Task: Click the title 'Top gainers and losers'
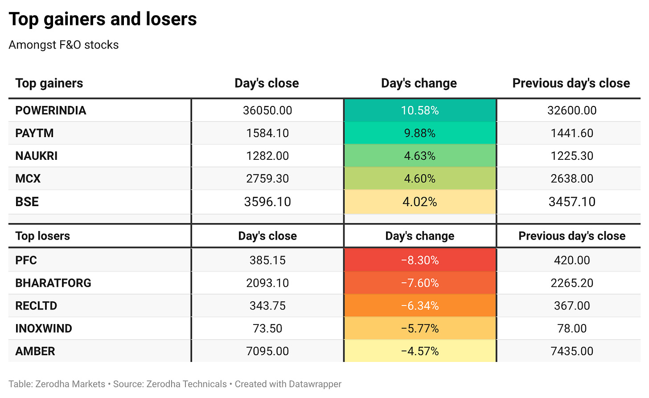click(103, 20)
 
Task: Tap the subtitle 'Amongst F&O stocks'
click(63, 45)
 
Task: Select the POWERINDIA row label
click(51, 110)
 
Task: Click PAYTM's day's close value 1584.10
click(267, 133)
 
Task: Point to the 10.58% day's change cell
click(420, 110)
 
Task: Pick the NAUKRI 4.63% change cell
click(420, 156)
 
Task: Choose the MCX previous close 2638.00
click(572, 179)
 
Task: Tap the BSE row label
click(27, 202)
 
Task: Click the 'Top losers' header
click(43, 236)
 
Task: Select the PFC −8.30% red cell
click(420, 260)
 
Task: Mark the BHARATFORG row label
click(53, 283)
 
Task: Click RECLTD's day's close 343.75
click(267, 306)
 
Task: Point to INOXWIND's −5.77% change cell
click(420, 329)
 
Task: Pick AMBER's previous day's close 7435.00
click(572, 351)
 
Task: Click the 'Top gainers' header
click(49, 83)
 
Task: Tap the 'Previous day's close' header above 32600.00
click(571, 83)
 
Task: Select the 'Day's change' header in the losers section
click(420, 236)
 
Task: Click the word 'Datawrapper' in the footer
click(315, 384)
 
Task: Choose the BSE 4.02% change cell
click(420, 202)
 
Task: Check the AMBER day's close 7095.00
click(267, 351)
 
